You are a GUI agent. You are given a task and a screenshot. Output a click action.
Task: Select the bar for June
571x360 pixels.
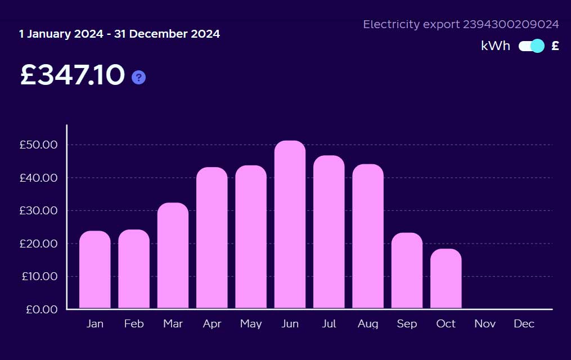[290, 225]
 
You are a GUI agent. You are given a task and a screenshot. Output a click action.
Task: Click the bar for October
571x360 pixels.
[446, 279]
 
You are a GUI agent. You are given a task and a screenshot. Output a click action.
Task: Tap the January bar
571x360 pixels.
[95, 270]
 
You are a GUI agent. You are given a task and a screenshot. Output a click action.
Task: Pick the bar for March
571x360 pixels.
[173, 256]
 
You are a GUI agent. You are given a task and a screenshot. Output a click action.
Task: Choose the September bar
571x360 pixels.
[407, 271]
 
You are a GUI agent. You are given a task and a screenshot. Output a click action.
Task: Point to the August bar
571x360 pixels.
[368, 236]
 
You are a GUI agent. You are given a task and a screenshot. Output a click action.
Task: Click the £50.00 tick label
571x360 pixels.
[39, 145]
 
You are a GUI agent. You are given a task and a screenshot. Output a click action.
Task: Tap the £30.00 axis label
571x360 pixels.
[39, 210]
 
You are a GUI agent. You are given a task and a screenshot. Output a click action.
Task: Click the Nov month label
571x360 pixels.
[485, 324]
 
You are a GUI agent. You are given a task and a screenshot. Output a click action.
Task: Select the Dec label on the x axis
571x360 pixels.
[524, 324]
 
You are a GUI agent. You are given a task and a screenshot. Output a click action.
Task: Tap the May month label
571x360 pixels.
[251, 324]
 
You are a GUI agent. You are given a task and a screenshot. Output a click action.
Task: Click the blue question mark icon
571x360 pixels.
[138, 78]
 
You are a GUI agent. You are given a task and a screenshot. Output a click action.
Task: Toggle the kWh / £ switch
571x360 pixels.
[532, 46]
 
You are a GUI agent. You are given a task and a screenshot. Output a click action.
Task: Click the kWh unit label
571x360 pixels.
[496, 46]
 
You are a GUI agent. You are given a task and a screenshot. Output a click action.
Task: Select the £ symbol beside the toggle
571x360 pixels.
[555, 46]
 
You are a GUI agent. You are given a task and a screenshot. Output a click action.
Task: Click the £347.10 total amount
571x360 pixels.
[73, 75]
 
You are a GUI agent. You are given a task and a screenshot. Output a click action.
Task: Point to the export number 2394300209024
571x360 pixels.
[511, 24]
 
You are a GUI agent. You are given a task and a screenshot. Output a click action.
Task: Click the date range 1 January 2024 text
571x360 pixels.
[62, 34]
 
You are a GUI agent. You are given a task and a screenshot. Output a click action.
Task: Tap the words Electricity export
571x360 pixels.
[411, 24]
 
